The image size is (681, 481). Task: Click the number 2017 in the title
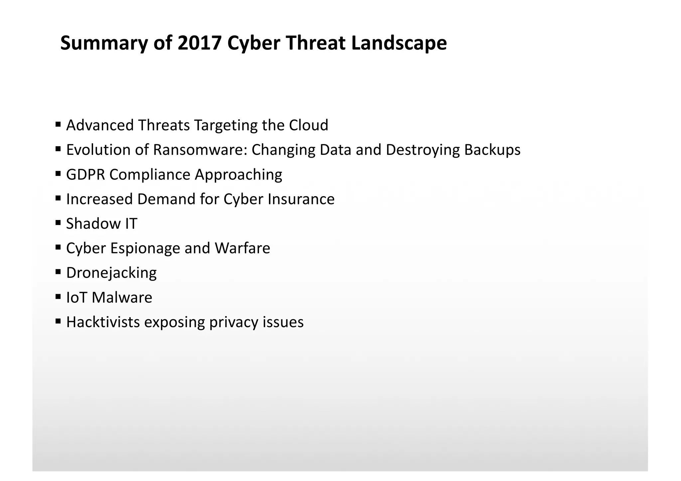[200, 43]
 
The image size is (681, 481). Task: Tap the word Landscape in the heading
[399, 43]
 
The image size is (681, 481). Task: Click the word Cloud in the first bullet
[309, 125]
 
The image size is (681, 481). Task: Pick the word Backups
[492, 150]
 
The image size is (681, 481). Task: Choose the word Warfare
[242, 248]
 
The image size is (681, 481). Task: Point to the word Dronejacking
[111, 273]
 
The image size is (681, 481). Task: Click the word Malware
[122, 298]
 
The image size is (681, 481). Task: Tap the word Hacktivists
[103, 322]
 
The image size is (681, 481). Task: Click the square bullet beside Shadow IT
[58, 222]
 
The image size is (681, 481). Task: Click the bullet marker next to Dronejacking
[58, 272]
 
